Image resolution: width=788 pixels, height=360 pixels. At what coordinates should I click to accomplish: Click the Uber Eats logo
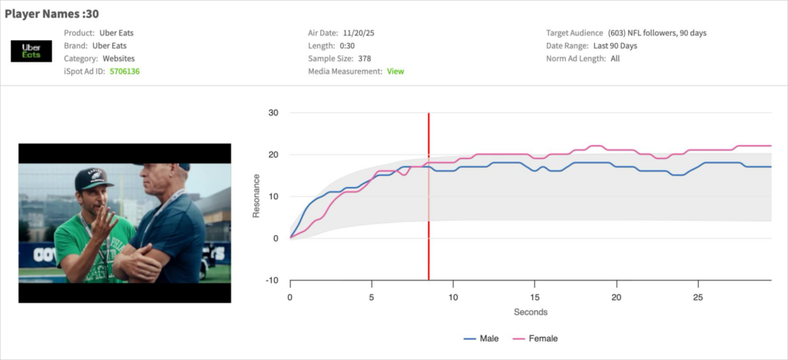pyautogui.click(x=32, y=52)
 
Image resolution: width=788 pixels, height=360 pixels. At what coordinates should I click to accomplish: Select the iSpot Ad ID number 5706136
pyautogui.click(x=125, y=72)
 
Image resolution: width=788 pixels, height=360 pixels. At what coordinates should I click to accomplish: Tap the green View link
pyautogui.click(x=395, y=72)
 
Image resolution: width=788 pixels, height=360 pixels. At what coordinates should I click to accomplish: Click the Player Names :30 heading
pyautogui.click(x=52, y=14)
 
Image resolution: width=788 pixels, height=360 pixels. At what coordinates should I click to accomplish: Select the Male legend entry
pyautogui.click(x=482, y=338)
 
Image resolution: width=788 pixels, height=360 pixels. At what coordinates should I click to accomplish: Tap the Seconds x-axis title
pyautogui.click(x=530, y=312)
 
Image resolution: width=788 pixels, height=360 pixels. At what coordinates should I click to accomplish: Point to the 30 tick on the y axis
pyautogui.click(x=273, y=113)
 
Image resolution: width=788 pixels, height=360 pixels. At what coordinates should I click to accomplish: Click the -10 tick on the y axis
pyautogui.click(x=272, y=280)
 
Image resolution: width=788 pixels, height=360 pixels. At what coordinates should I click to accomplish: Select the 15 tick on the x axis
pyautogui.click(x=535, y=297)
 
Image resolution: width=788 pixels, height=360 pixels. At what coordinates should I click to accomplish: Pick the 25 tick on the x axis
pyautogui.click(x=697, y=297)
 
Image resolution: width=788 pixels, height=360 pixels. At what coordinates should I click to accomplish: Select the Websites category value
pyautogui.click(x=118, y=58)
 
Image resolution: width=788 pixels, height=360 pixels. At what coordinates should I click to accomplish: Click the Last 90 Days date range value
pyautogui.click(x=615, y=46)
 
